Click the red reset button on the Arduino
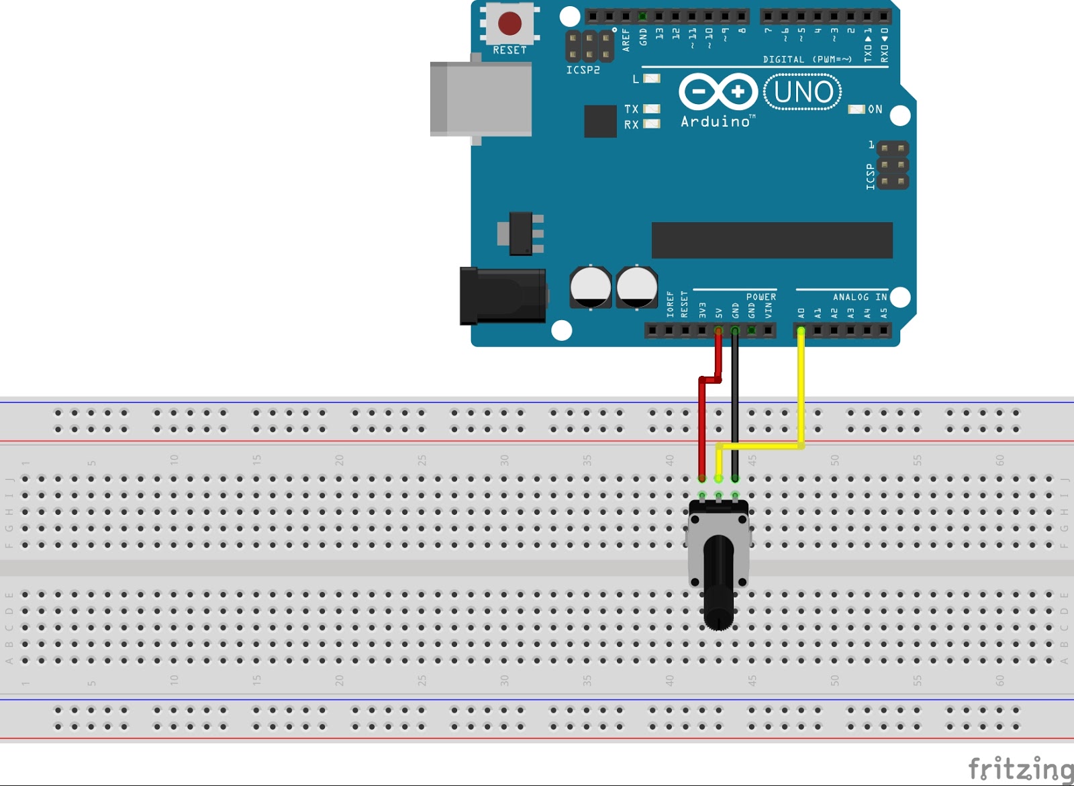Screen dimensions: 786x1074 [509, 23]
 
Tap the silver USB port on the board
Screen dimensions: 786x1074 [481, 99]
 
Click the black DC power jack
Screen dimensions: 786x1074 [502, 295]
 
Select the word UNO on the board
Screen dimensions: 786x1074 [803, 92]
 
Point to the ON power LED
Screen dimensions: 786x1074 [856, 109]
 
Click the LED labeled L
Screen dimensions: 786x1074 [651, 79]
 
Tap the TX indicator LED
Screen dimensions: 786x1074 [651, 109]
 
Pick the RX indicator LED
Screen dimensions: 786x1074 [651, 124]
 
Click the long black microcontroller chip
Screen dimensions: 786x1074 [772, 240]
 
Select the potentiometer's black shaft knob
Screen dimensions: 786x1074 [719, 584]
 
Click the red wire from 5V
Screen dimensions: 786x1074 [702, 430]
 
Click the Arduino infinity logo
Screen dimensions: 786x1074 [718, 91]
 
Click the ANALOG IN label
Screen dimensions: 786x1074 [860, 297]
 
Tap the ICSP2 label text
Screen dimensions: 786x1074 [583, 70]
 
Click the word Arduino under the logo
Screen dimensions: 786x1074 [716, 121]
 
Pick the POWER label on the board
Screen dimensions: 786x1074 [761, 297]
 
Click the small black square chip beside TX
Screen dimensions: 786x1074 [600, 121]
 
